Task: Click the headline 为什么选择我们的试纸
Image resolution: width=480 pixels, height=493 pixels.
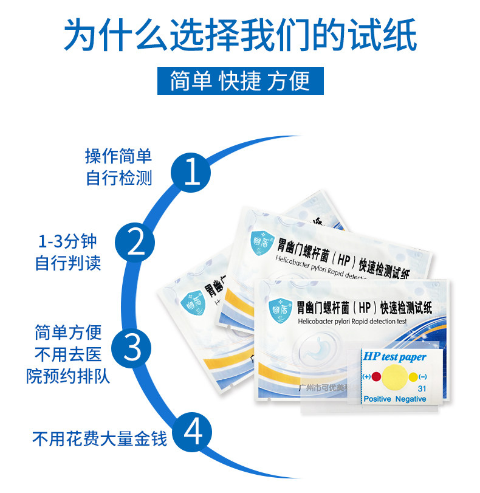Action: pyautogui.click(x=241, y=35)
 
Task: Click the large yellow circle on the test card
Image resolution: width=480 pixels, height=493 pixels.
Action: pyautogui.click(x=393, y=376)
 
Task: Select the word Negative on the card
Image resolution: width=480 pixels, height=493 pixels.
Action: pyautogui.click(x=411, y=399)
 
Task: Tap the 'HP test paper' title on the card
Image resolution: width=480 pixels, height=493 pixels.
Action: pyautogui.click(x=394, y=357)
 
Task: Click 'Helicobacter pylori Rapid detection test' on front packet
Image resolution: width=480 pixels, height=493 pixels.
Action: pyautogui.click(x=352, y=320)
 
